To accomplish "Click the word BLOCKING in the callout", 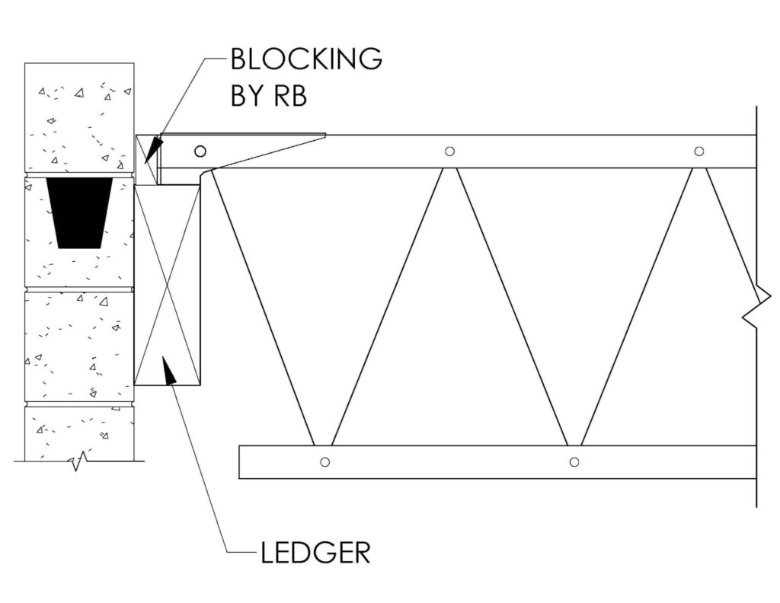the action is pos(306,59).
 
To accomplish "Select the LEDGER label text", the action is pos(316,552).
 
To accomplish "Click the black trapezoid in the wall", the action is pos(79,212).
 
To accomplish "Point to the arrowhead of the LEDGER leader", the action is pos(169,370).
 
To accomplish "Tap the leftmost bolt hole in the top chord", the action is pos(200,151).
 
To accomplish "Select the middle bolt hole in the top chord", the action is pos(449,151).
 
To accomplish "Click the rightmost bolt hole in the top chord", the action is pos(699,151).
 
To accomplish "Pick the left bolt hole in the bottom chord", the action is pos(324,462).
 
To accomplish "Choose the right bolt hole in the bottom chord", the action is pos(574,462).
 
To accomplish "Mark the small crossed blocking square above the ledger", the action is pos(146,160).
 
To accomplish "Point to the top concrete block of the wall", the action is pos(79,117).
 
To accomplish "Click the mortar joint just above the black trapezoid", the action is pos(79,174).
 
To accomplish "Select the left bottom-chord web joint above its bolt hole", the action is pos(323,445).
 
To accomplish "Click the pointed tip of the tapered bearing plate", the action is pos(325,134).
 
